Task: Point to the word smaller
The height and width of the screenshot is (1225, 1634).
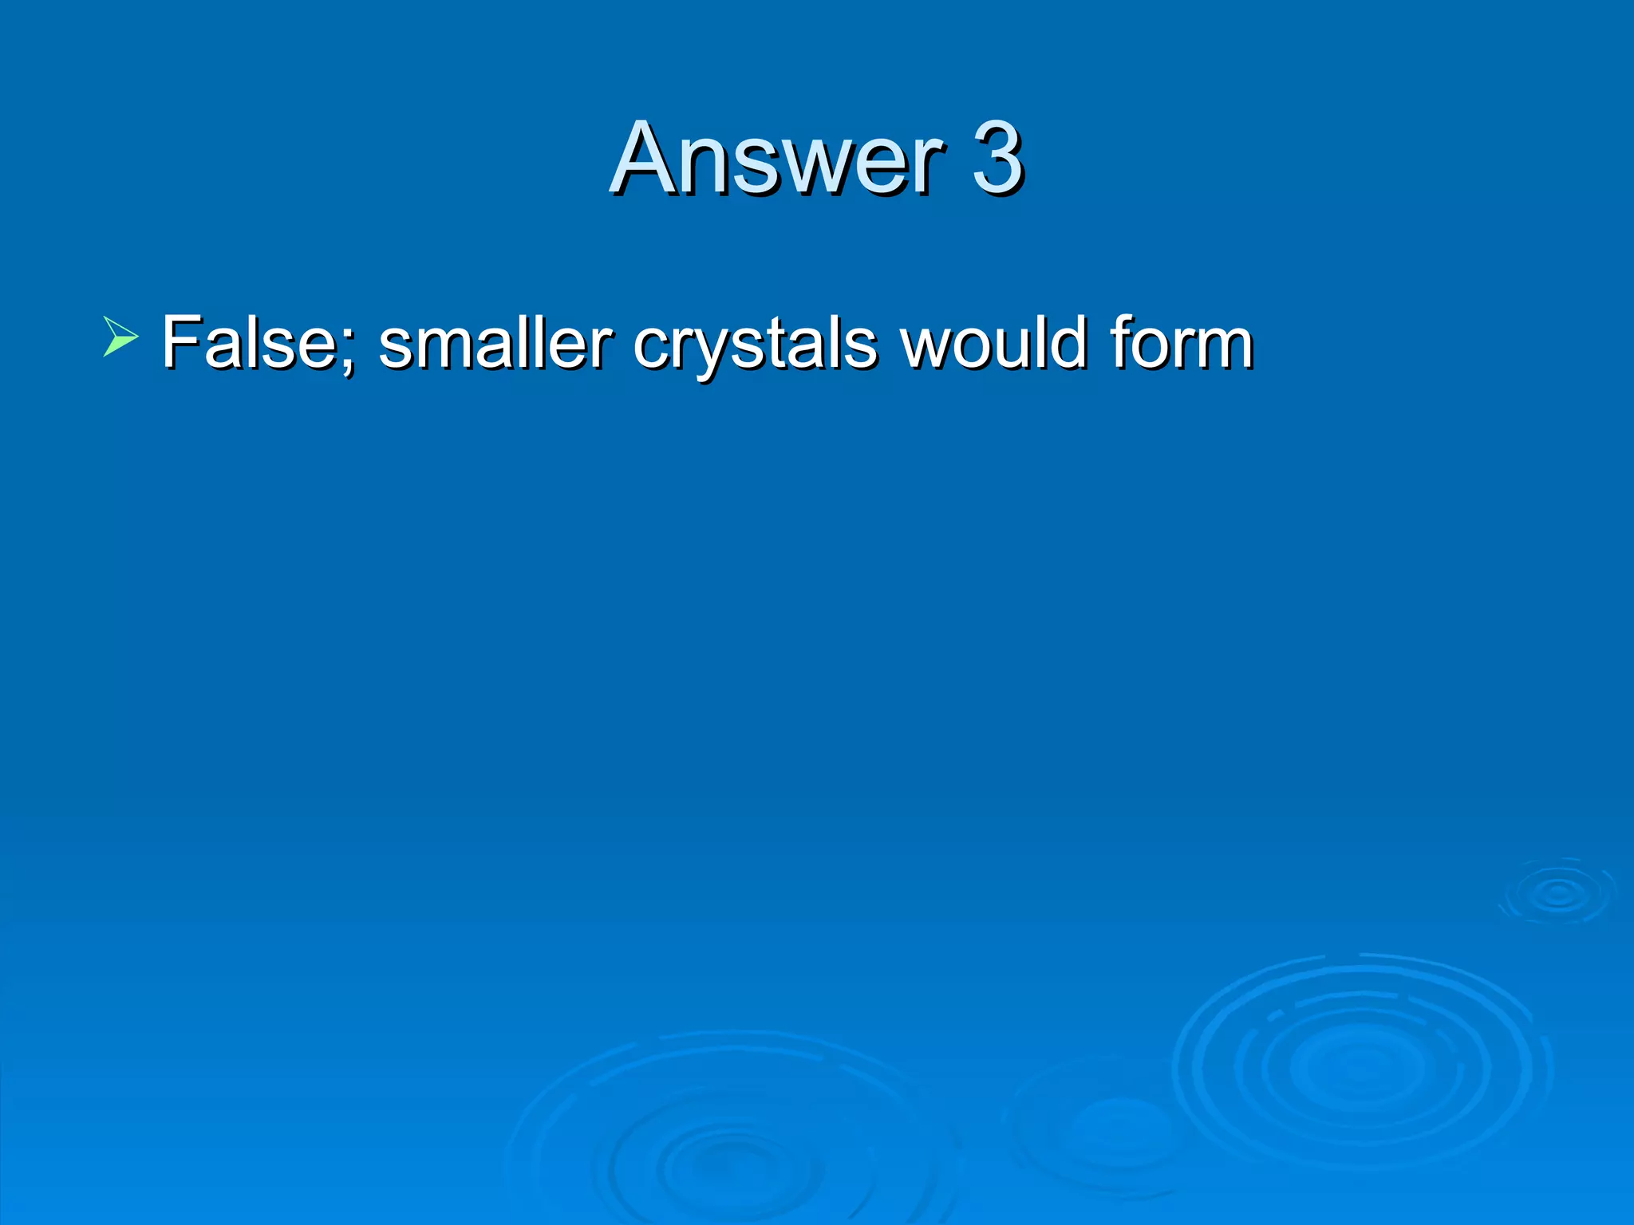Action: tap(495, 343)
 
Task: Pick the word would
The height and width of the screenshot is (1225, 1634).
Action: tap(993, 343)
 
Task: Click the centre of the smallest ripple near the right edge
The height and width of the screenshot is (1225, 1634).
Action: tap(1557, 893)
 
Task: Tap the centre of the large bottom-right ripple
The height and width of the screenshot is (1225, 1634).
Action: tap(1360, 1064)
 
